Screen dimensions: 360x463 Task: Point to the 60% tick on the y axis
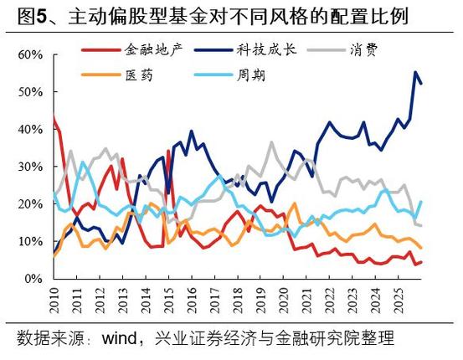(x=29, y=55)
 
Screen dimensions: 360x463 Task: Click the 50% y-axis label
(x=29, y=93)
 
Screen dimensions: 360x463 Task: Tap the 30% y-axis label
(x=29, y=167)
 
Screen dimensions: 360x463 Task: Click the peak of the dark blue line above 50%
(x=416, y=73)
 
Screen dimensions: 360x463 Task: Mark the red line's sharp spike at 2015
(x=169, y=151)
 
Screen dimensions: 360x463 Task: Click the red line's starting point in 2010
(x=54, y=117)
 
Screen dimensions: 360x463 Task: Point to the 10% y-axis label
(x=29, y=241)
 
